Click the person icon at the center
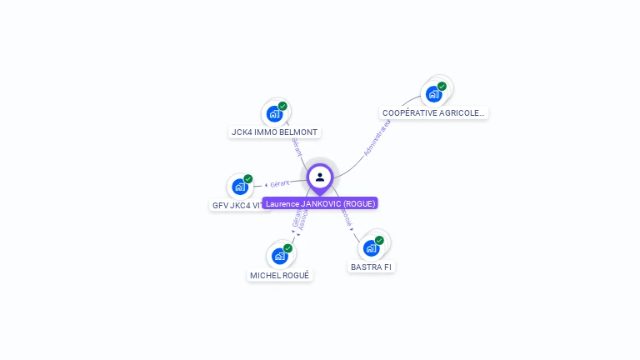click(320, 177)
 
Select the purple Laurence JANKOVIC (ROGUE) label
click(320, 203)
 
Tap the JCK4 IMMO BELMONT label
click(275, 132)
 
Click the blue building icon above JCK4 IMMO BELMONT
click(274, 114)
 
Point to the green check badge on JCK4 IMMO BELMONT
click(282, 107)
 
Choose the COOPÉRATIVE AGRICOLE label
click(433, 112)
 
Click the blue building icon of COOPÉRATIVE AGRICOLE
click(433, 94)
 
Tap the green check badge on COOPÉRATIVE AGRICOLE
click(442, 87)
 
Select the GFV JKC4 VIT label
click(240, 205)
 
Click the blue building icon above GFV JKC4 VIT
click(240, 187)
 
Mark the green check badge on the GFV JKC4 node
click(247, 179)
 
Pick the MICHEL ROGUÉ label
click(280, 275)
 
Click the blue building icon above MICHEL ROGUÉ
click(279, 256)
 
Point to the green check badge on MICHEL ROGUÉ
click(287, 248)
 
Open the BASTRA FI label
click(371, 267)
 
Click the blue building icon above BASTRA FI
click(371, 247)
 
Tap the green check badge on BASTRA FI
click(379, 240)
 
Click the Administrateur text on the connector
click(377, 137)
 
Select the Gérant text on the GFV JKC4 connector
click(280, 182)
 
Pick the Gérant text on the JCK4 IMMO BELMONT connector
click(296, 145)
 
